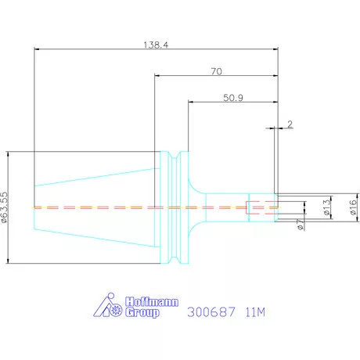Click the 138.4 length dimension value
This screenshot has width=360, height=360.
pos(156,45)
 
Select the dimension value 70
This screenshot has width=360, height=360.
pos(217,71)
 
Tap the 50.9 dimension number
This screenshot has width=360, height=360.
pos(233,98)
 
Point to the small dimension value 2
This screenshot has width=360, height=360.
pos(290,124)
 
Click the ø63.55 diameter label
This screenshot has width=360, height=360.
pos(5,207)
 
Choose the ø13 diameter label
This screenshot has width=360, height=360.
pos(326,207)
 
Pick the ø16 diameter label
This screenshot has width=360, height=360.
pos(353,207)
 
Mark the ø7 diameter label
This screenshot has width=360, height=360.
pos(301,225)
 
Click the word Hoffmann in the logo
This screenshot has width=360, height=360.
pos(152,302)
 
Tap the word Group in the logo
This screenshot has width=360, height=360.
pos(142,312)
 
